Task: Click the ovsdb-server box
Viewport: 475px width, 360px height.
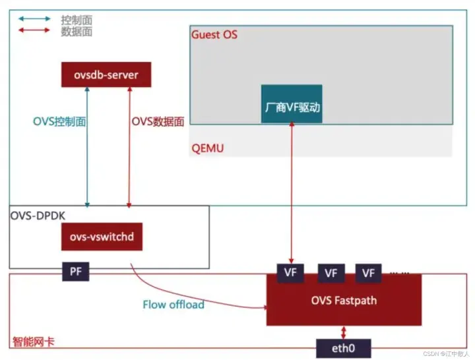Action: (106, 75)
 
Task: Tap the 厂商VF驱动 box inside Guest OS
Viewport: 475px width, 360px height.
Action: (292, 106)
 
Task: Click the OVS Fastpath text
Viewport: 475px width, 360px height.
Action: (343, 301)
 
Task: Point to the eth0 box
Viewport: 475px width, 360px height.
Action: (342, 347)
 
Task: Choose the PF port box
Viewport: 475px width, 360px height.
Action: (75, 271)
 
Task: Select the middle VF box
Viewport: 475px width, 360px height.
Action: (331, 272)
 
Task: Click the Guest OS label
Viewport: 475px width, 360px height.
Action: (214, 34)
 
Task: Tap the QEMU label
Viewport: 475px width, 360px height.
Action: (207, 148)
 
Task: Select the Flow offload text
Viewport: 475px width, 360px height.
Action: (173, 305)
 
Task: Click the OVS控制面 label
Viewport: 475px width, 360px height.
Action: (60, 121)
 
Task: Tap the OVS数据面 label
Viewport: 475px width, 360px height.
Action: (158, 121)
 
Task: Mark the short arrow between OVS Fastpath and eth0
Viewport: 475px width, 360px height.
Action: (342, 332)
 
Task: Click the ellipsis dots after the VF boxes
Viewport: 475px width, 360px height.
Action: (400, 270)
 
